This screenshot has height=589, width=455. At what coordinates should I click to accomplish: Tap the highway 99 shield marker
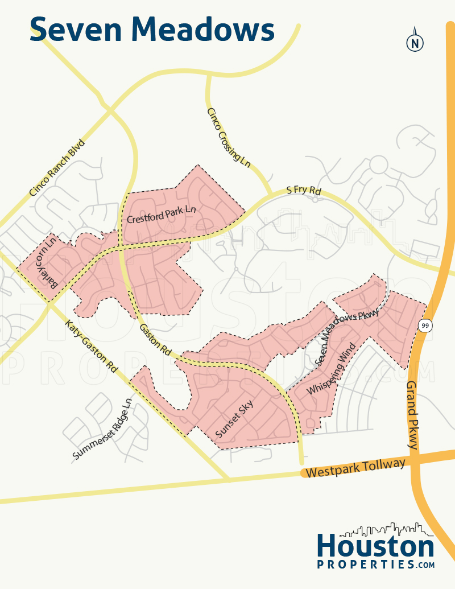tap(424, 325)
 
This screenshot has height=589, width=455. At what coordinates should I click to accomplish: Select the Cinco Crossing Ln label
tap(229, 137)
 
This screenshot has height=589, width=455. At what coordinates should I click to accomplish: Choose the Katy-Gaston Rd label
tap(91, 345)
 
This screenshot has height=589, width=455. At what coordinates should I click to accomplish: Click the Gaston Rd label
tap(155, 340)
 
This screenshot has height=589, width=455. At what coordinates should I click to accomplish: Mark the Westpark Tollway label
tap(355, 468)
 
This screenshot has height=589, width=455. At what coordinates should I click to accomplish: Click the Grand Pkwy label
tap(412, 415)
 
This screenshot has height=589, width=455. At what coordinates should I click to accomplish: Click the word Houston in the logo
tap(375, 547)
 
